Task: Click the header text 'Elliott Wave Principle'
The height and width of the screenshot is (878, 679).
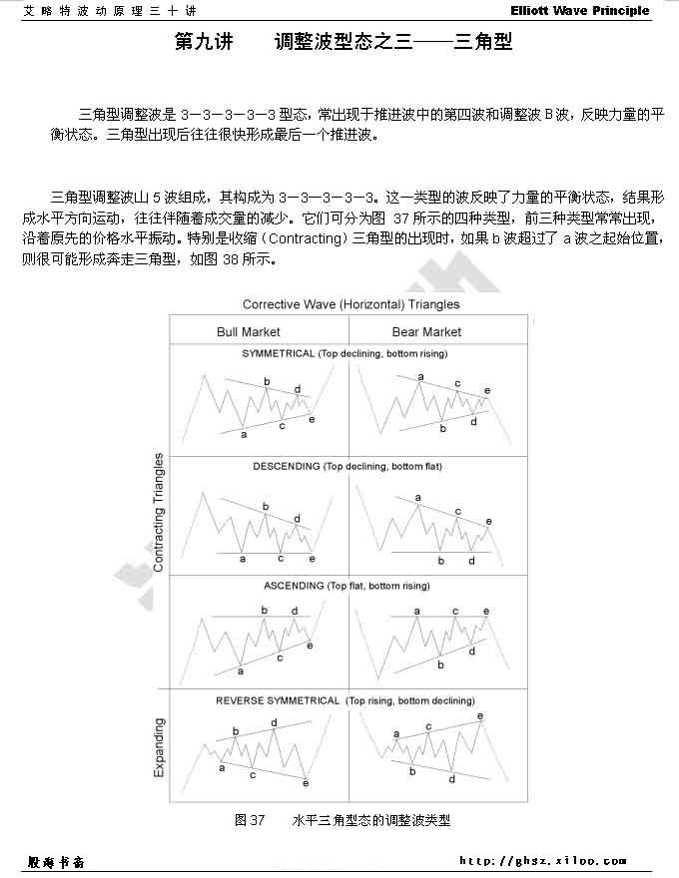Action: pos(593,11)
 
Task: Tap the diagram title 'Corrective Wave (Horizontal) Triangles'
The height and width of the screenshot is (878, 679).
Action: pos(350,304)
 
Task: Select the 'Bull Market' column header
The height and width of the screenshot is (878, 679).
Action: pos(249,332)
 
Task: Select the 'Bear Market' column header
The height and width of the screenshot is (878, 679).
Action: pos(426,332)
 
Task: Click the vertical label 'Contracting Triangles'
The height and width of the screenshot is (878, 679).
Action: pos(158,512)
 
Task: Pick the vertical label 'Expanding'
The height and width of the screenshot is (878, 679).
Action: pos(158,747)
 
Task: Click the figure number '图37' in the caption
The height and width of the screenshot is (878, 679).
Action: pos(249,820)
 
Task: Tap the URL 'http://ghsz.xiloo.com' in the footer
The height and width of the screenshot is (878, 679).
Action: pos(543,860)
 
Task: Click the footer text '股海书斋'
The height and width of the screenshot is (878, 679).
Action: pos(58,860)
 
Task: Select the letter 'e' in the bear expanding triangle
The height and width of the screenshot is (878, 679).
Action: pos(480,716)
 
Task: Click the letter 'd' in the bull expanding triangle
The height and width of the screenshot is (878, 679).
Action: pos(274,722)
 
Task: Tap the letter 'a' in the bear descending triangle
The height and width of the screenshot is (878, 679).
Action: pos(417,497)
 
